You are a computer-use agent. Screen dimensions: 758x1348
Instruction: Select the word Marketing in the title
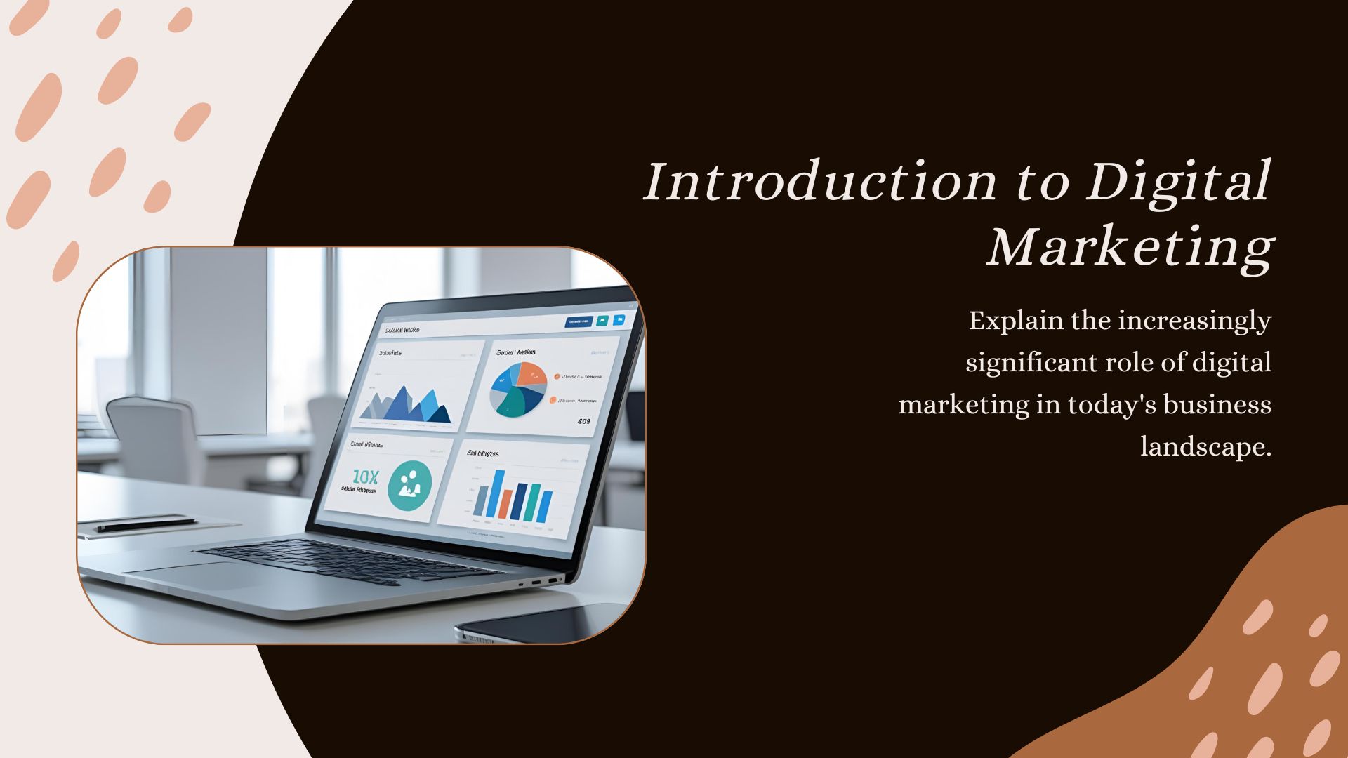tap(1130, 247)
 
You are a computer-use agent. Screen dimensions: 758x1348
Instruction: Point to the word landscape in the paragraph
tap(1205, 447)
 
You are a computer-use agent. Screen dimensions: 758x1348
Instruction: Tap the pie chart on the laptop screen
tap(518, 389)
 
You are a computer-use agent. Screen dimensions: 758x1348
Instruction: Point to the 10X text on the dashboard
tap(365, 477)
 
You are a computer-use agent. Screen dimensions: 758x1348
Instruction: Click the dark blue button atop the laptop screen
tap(579, 322)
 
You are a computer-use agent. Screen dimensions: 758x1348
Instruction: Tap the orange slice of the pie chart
tap(531, 375)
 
